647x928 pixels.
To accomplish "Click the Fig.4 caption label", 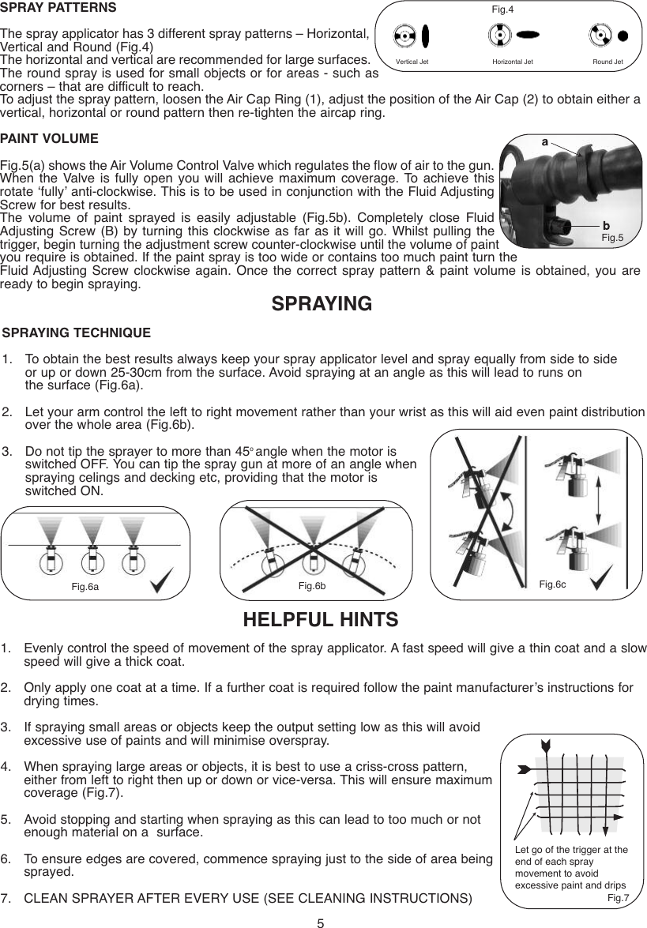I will coord(502,9).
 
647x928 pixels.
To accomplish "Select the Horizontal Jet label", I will coord(512,61).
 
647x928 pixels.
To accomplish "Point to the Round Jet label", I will coord(608,61).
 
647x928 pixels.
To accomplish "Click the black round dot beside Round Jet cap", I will coord(623,36).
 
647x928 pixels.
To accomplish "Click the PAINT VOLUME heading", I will coord(49,138).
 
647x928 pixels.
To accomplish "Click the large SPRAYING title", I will coord(322,304).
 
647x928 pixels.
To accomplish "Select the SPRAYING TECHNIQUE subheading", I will coord(77,333).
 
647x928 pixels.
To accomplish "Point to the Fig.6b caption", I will coord(311,585).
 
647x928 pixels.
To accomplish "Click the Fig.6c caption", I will coord(552,584).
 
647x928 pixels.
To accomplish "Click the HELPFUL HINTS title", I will coord(323,618).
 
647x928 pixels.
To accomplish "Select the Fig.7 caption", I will coord(618,898).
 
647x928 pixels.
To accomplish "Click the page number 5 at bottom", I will coord(322,922).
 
